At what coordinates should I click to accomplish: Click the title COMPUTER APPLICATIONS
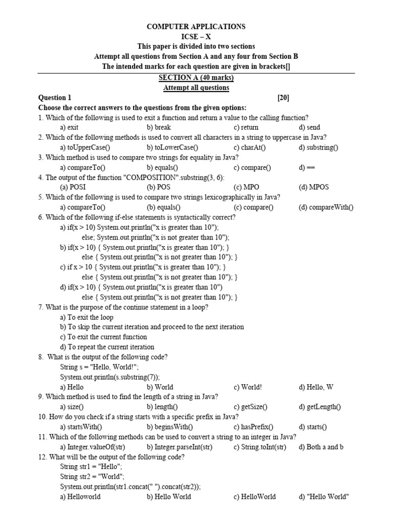[196, 27]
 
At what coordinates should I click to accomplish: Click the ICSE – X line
[196, 36]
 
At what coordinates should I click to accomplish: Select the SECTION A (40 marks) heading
[196, 78]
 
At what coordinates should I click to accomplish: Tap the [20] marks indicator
[283, 98]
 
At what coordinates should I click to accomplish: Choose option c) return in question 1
[246, 127]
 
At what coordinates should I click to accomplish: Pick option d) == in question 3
[306, 167]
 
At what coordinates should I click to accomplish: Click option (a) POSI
[73, 187]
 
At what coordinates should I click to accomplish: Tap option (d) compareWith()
[326, 207]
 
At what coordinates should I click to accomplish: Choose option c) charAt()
[250, 147]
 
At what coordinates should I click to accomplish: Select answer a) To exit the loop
[86, 317]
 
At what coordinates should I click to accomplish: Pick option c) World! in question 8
[248, 387]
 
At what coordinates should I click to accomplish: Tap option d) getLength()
[320, 407]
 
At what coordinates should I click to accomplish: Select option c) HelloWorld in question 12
[254, 497]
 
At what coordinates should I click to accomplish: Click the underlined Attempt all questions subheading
[196, 88]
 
